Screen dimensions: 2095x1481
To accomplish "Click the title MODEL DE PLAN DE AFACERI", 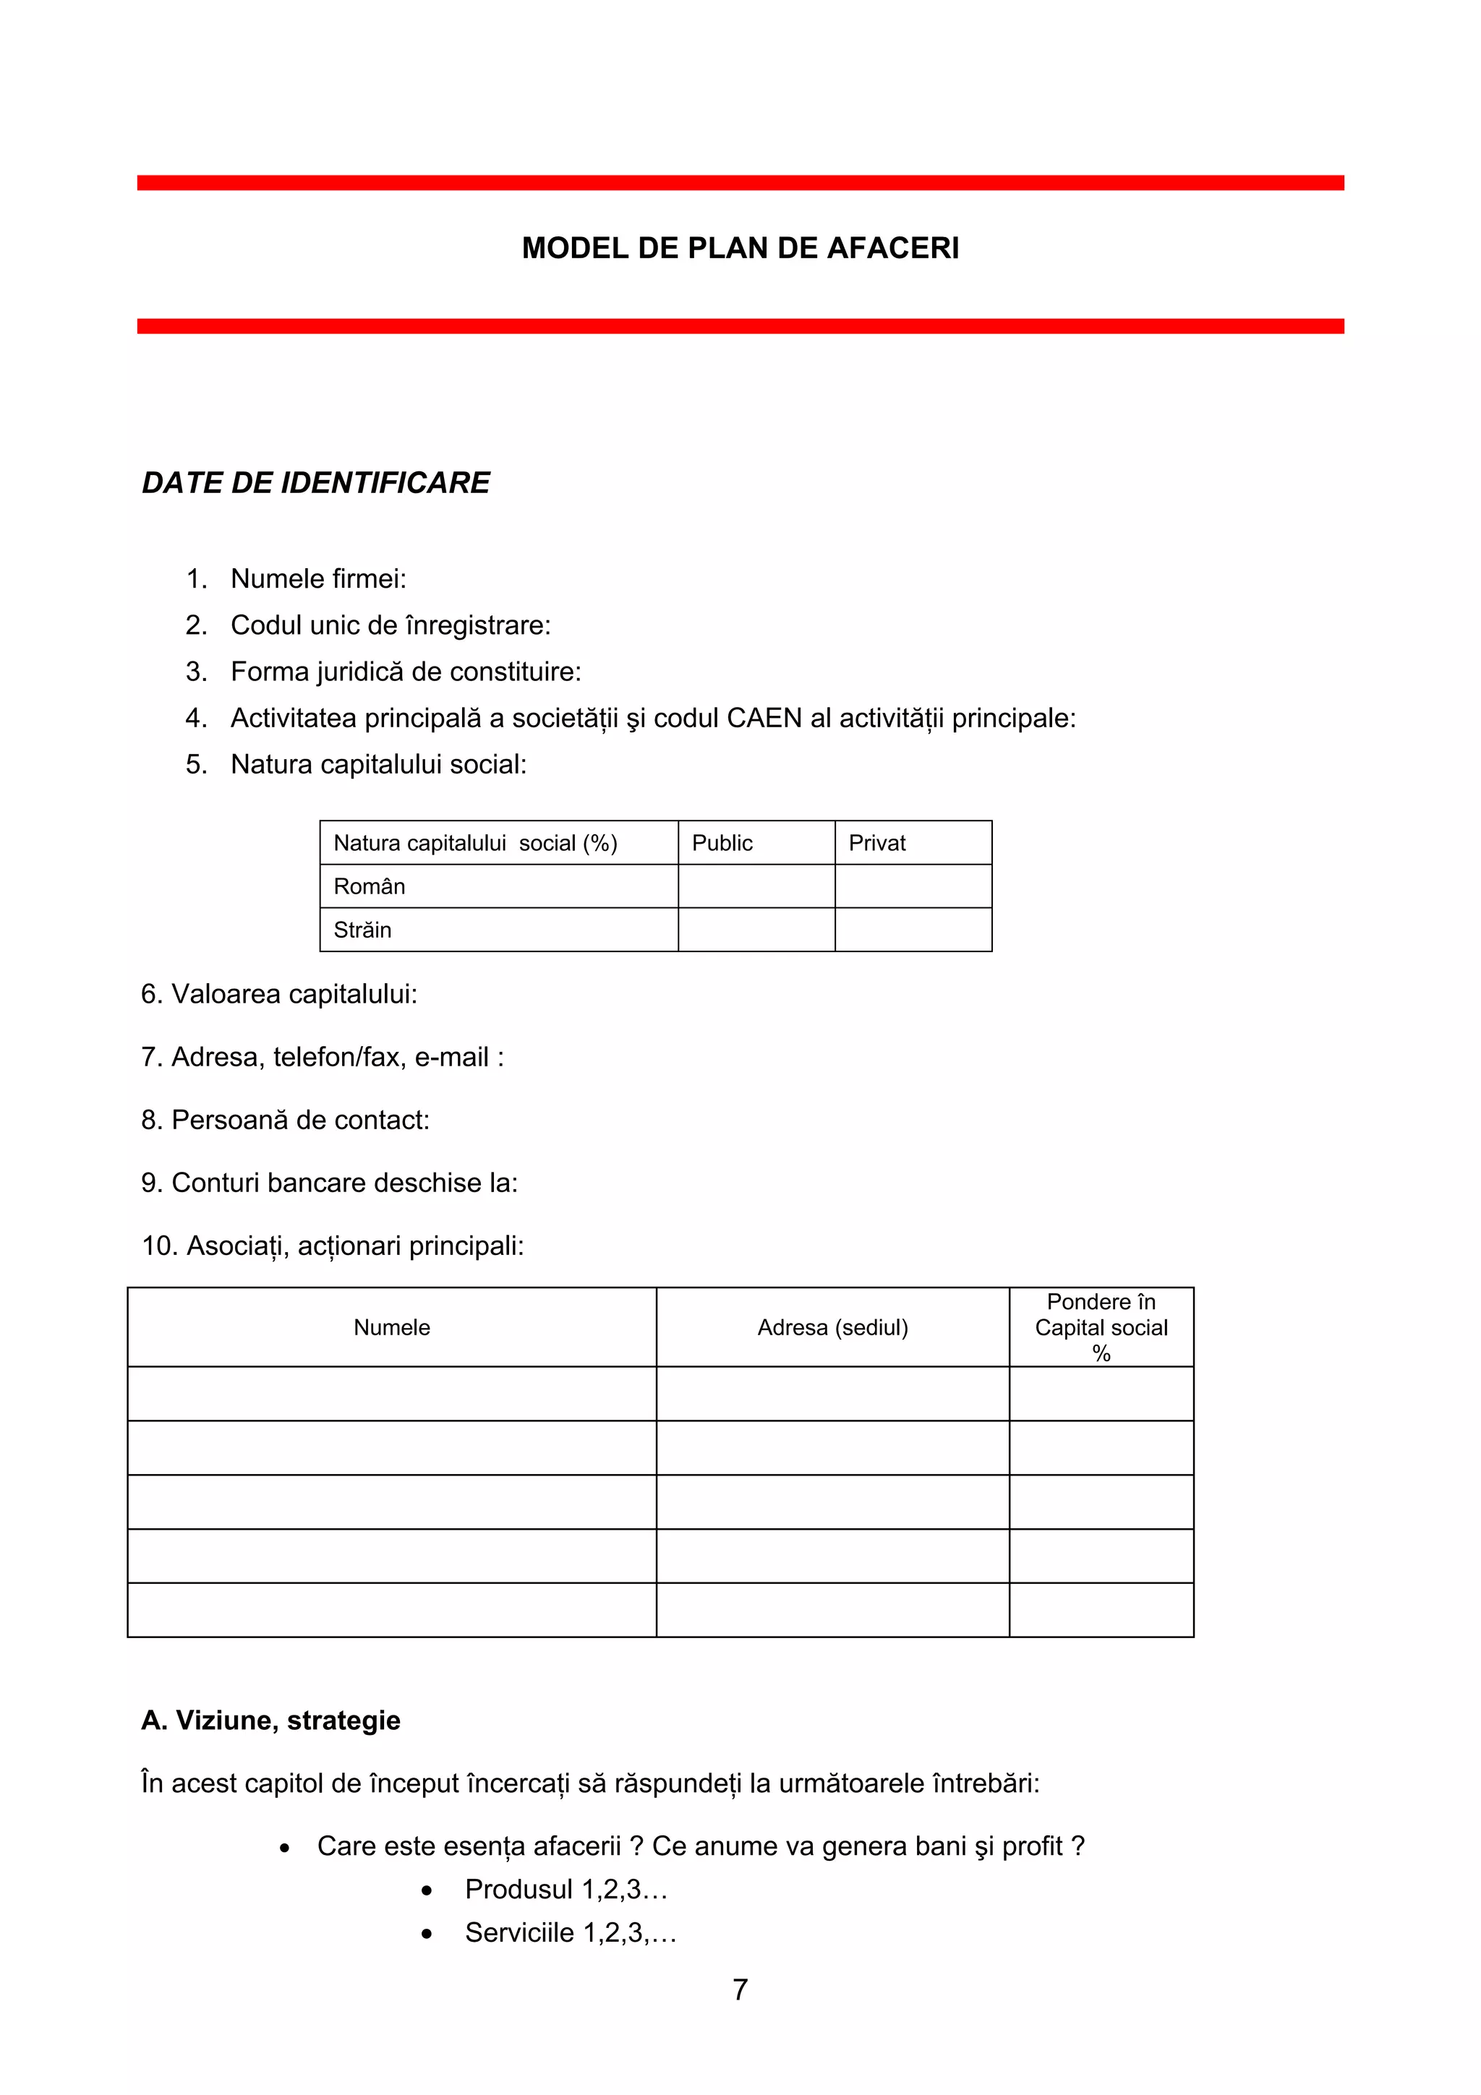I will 740,248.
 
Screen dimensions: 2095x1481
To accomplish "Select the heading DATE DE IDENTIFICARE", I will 316,483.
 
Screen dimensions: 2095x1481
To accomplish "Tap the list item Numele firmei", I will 317,578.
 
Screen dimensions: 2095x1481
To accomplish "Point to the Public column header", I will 722,843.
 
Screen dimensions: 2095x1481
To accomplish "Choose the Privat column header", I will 877,843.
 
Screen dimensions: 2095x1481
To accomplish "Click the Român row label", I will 370,886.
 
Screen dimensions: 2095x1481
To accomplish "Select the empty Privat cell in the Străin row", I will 913,930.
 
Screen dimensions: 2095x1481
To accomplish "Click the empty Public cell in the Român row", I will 756,886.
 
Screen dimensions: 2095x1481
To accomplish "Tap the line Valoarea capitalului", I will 279,994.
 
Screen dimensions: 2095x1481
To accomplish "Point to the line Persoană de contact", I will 286,1120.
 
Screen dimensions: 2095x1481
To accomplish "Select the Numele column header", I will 391,1327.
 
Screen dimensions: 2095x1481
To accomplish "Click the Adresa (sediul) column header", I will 832,1327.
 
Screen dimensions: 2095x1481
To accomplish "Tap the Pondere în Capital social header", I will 1101,1327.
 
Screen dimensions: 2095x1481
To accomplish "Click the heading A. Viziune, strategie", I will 271,1720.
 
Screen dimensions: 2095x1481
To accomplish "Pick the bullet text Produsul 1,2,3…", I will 565,1889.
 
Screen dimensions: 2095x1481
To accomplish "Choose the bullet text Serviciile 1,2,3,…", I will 571,1932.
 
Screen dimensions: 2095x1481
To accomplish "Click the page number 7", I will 740,1990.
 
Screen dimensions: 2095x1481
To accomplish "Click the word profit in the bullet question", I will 1032,1846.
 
